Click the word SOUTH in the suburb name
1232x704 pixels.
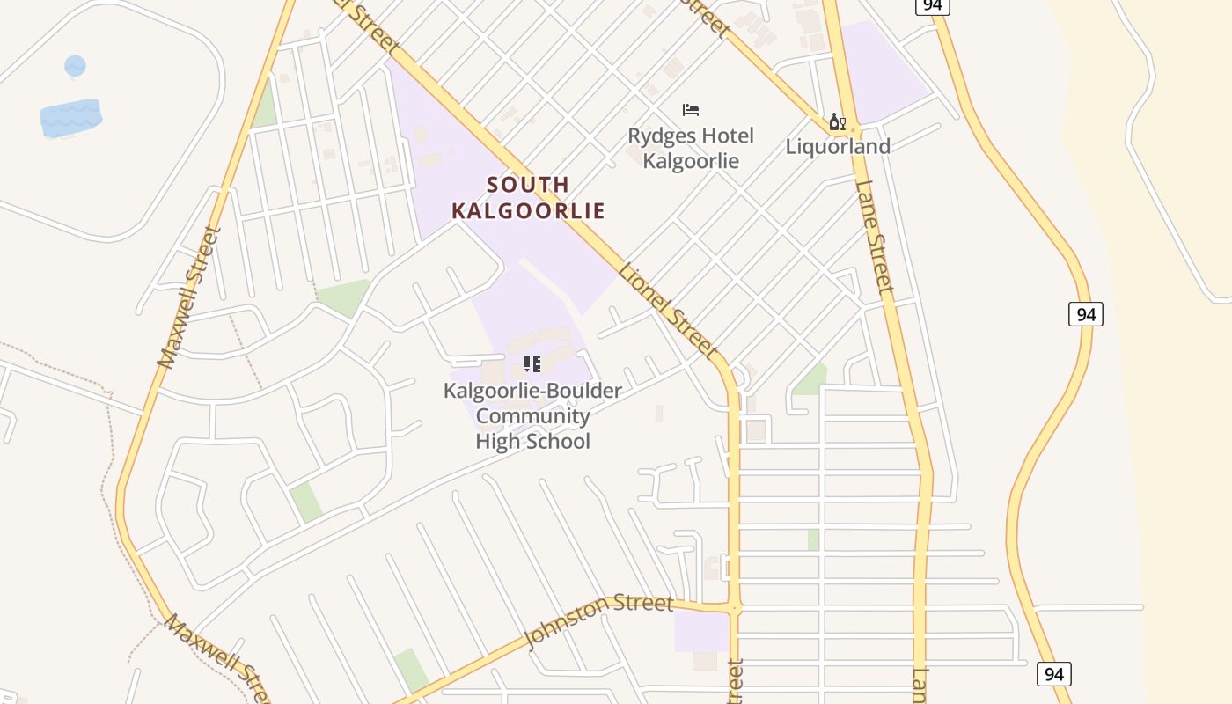528,185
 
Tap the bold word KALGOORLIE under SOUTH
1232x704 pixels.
528,211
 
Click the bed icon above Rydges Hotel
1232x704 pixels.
691,110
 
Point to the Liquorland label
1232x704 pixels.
838,146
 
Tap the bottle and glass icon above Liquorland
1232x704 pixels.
837,121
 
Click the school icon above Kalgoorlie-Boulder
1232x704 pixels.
532,364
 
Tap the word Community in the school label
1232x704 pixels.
532,416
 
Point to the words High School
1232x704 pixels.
532,441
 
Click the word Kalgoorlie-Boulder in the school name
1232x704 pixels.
532,391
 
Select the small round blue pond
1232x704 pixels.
75,65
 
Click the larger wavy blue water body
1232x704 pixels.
70,117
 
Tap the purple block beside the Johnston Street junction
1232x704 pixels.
701,632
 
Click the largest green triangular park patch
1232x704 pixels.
343,297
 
